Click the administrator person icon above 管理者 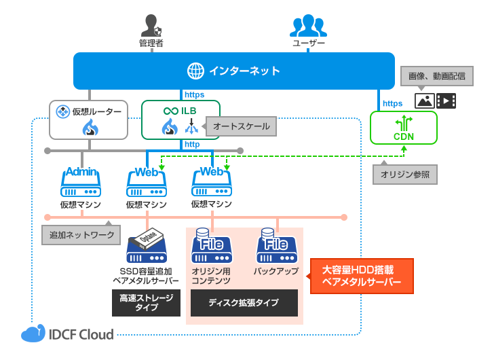pyautogui.click(x=151, y=26)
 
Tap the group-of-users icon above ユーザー pyautogui.click(x=308, y=25)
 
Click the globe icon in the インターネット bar pyautogui.click(x=195, y=71)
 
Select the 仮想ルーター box pyautogui.click(x=89, y=120)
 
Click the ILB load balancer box pyautogui.click(x=180, y=120)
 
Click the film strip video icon pyautogui.click(x=446, y=101)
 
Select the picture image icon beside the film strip pyautogui.click(x=425, y=101)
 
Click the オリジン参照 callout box pyautogui.click(x=404, y=175)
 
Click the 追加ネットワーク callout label pyautogui.click(x=81, y=236)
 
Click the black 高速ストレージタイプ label pyautogui.click(x=146, y=303)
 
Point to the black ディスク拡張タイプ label pyautogui.click(x=243, y=303)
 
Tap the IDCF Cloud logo pyautogui.click(x=67, y=334)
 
